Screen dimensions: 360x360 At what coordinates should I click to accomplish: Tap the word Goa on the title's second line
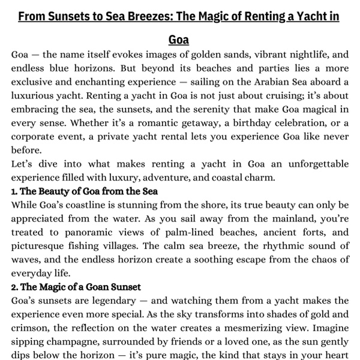(x=179, y=40)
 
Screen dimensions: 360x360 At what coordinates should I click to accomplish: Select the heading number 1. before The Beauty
(x=15, y=191)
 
